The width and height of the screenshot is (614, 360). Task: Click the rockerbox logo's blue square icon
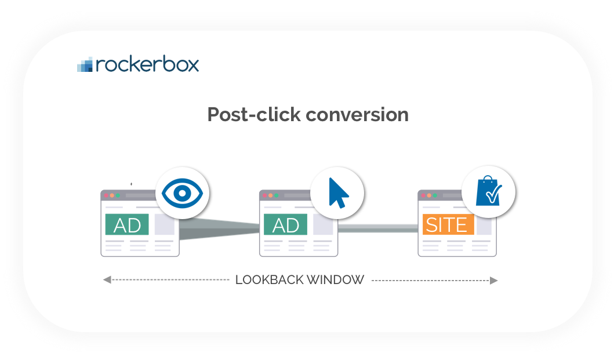coord(85,65)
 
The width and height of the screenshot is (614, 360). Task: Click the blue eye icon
coord(182,193)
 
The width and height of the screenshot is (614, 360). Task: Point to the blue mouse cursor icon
coord(337,193)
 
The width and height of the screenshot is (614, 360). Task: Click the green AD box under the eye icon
coord(127,224)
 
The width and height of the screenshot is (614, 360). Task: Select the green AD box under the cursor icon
coord(285,224)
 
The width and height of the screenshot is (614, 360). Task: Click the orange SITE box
coord(446,224)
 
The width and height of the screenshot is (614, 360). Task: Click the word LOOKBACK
coord(268,280)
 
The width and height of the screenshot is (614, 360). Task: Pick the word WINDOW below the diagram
coord(335,280)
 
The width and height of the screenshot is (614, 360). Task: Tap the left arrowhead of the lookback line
coord(107,280)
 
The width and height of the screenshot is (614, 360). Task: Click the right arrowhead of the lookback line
coord(493,280)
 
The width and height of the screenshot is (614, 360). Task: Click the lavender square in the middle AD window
coord(323,224)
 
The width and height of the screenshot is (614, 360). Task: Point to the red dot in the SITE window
coord(424,195)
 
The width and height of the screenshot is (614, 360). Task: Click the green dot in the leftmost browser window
coord(118,195)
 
